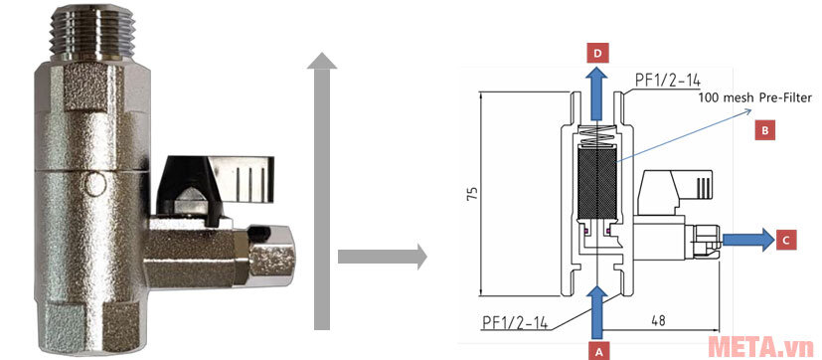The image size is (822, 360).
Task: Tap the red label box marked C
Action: pos(785,239)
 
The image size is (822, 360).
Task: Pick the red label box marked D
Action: pos(595,52)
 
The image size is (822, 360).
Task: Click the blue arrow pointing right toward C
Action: pos(747,239)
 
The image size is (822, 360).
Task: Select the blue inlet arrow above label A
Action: pos(597,310)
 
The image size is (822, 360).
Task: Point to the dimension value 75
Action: pos(472,193)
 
